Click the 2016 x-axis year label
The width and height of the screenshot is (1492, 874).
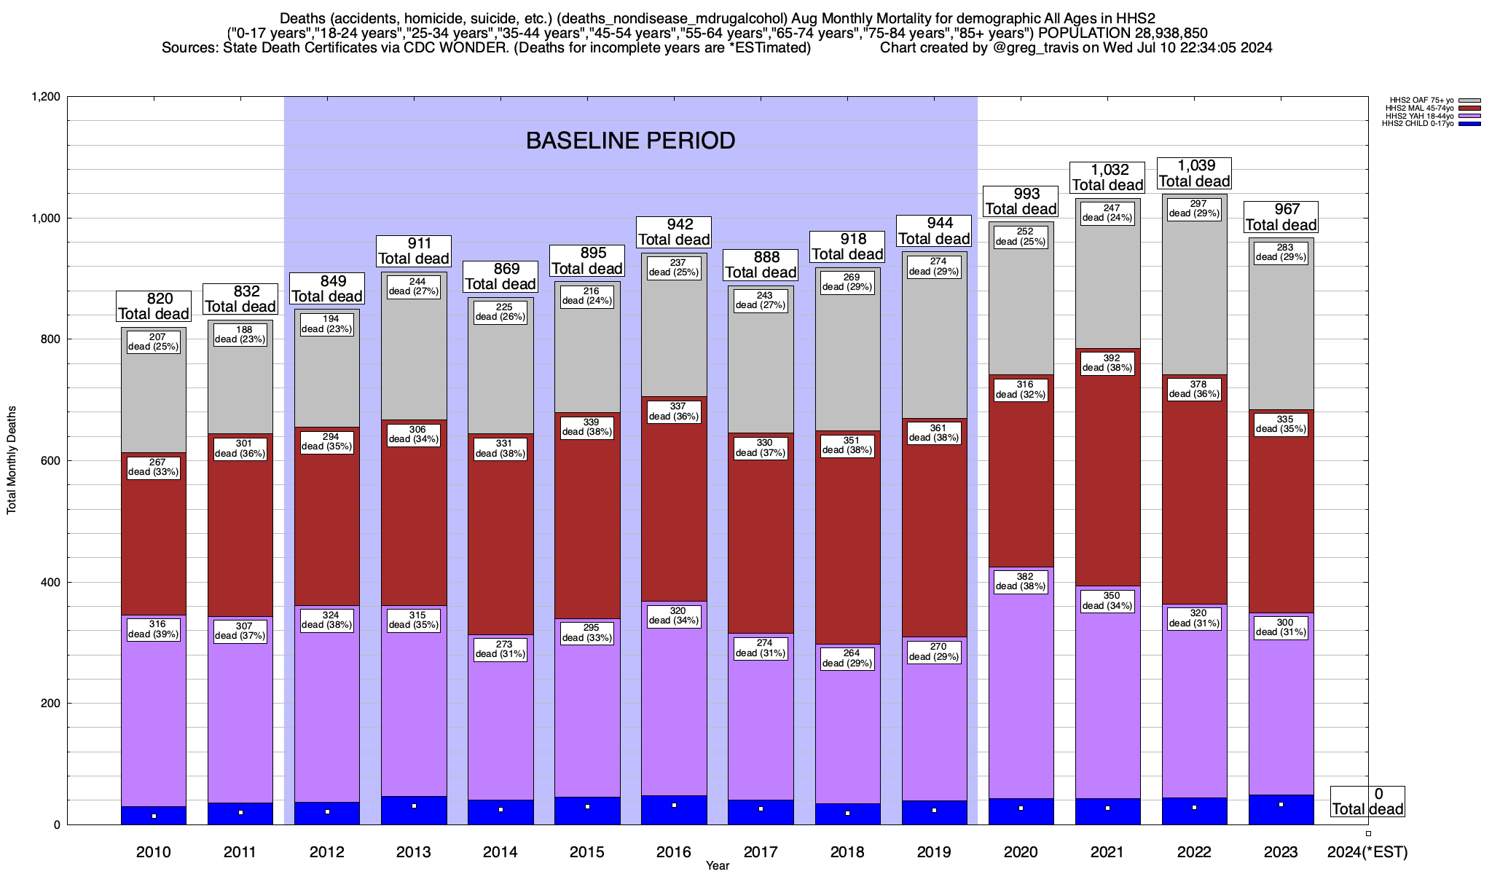tap(674, 852)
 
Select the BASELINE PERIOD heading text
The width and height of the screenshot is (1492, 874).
tap(630, 141)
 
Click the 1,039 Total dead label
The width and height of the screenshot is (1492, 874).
tap(1194, 173)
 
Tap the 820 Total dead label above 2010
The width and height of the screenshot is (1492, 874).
tap(154, 306)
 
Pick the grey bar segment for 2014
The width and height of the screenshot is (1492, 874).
tap(500, 379)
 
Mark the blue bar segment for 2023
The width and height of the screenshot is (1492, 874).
tap(1281, 810)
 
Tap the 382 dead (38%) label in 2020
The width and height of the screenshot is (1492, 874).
tap(1021, 581)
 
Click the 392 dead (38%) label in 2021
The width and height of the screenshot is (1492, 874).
tap(1107, 363)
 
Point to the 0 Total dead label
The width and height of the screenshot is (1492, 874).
tap(1367, 802)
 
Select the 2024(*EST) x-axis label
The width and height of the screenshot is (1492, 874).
tap(1367, 852)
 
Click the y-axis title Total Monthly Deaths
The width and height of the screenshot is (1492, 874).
tap(12, 460)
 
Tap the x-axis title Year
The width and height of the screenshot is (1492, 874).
tap(717, 866)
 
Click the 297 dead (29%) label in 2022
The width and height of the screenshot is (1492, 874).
tap(1194, 209)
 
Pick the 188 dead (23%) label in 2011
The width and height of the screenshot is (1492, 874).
tap(240, 334)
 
